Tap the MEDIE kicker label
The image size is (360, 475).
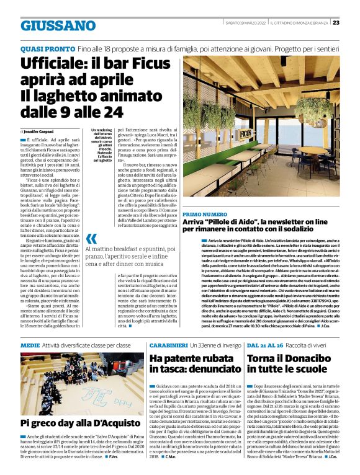(29, 344)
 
